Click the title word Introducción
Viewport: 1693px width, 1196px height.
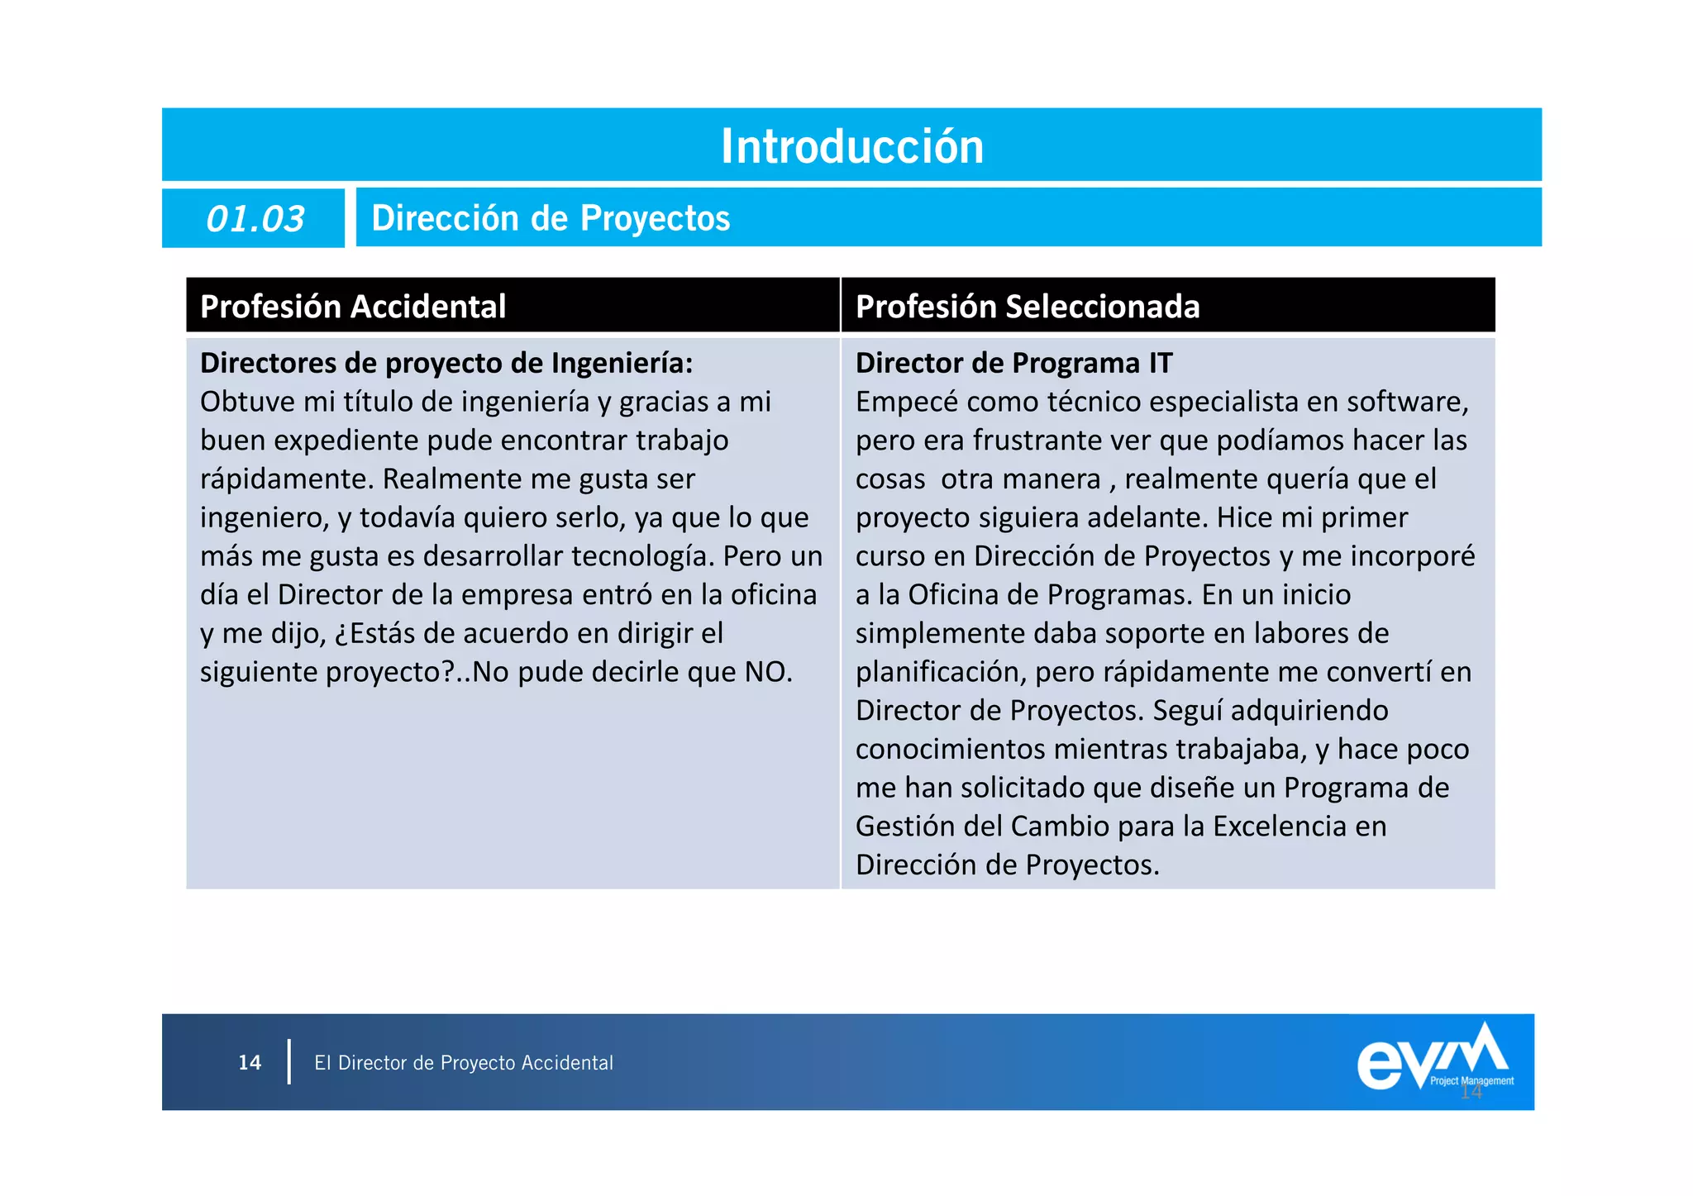(x=852, y=146)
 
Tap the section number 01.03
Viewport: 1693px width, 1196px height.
(x=255, y=219)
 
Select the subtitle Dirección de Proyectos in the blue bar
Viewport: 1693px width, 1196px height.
(x=551, y=218)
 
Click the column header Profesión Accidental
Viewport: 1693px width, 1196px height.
(x=353, y=307)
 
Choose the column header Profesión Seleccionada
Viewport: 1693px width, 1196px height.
(x=1027, y=307)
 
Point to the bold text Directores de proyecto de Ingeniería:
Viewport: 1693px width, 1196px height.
(x=446, y=363)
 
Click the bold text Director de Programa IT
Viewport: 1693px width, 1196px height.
(x=1013, y=363)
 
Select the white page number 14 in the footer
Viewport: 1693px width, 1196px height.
(x=250, y=1063)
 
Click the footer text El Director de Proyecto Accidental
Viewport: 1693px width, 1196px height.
(x=464, y=1063)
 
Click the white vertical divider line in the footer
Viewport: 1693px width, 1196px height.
(x=289, y=1062)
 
